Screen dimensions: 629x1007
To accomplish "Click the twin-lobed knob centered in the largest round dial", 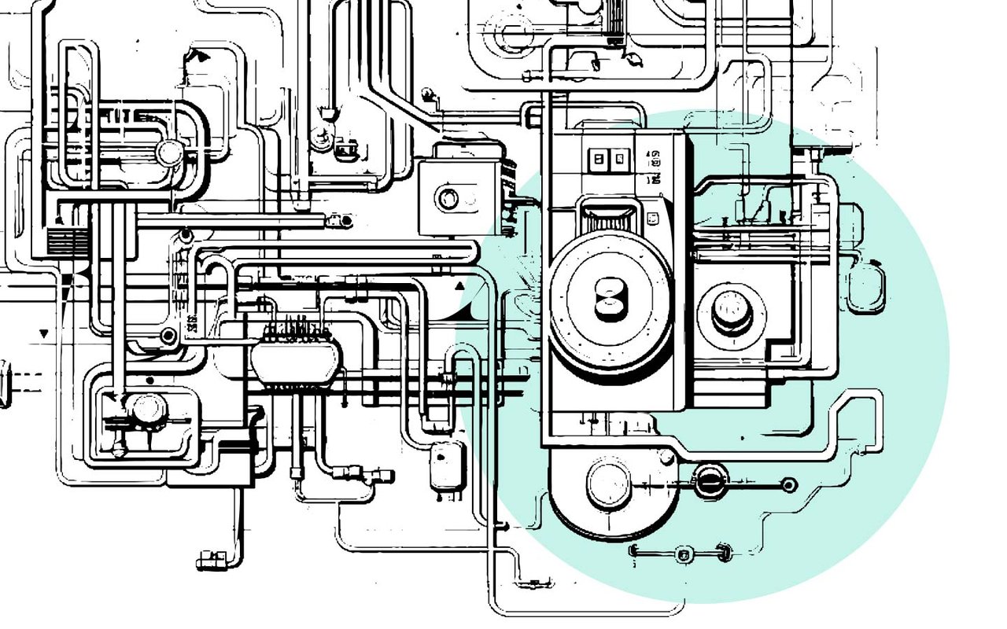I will pos(610,300).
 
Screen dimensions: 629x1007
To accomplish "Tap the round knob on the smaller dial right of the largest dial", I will pos(732,310).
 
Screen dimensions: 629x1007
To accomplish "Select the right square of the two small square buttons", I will pos(620,159).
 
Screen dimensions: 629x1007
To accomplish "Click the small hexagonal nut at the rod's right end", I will pos(789,484).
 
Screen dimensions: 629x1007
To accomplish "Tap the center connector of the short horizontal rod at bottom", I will pos(682,554).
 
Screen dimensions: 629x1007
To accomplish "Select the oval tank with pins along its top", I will pos(295,361).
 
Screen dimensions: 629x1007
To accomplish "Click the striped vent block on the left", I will pos(61,238).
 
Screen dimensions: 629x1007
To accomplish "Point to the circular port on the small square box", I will pos(448,197).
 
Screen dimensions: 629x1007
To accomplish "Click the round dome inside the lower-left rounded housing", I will pos(146,409).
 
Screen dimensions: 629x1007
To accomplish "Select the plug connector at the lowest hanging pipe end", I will pos(211,559).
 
